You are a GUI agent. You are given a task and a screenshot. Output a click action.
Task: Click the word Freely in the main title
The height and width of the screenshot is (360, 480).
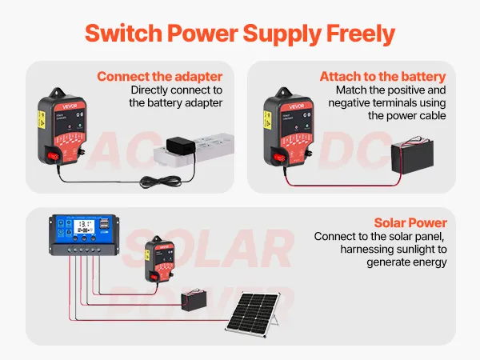click(361, 34)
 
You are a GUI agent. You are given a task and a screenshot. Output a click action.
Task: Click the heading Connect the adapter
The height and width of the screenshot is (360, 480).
click(160, 77)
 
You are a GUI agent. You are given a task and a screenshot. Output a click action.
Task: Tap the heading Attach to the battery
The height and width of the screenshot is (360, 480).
click(382, 77)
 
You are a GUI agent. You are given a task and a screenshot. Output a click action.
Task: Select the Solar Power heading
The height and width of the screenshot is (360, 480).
click(410, 223)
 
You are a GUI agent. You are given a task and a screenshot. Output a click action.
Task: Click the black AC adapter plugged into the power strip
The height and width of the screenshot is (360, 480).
click(181, 146)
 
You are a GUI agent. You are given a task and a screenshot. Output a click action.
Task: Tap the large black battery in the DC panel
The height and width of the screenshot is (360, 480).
click(412, 156)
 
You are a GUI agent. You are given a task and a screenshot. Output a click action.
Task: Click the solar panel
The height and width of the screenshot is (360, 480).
click(253, 314)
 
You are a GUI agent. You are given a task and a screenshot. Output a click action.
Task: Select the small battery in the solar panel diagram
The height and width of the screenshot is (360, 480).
click(194, 300)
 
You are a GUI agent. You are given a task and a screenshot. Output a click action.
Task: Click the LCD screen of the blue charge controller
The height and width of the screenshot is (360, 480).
click(84, 227)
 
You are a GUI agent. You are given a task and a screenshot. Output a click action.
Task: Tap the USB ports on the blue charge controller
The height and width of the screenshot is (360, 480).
click(104, 224)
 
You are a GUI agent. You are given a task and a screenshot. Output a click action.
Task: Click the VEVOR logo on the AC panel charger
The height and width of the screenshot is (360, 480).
click(70, 106)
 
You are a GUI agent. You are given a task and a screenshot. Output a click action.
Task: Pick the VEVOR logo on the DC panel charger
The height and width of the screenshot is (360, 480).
click(296, 106)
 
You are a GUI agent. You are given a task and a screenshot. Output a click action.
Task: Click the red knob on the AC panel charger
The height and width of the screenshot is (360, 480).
click(54, 156)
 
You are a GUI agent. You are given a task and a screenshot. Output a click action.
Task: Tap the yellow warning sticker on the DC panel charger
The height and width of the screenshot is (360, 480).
click(267, 120)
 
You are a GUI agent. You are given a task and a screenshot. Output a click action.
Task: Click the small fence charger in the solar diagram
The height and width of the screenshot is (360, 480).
click(159, 259)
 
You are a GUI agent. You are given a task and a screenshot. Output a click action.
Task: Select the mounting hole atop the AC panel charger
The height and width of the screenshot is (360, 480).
click(57, 92)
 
